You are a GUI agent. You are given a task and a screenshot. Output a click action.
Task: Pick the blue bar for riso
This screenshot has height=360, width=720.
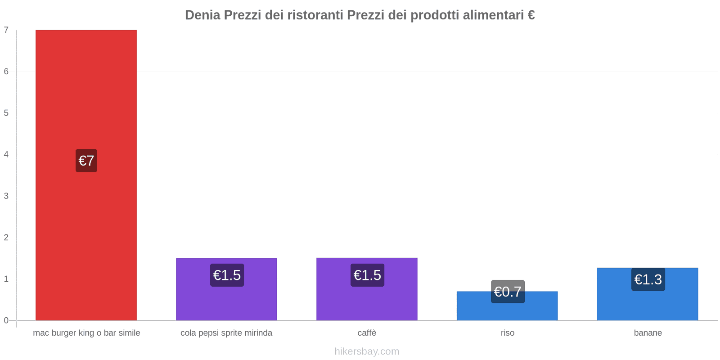click(507, 310)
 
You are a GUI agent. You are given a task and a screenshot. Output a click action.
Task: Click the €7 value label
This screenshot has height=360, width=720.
click(86, 161)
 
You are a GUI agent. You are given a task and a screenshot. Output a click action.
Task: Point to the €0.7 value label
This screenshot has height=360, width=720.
click(508, 292)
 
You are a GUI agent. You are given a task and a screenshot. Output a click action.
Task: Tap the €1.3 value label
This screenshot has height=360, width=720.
click(648, 279)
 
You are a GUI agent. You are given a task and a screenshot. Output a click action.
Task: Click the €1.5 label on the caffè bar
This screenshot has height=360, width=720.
click(367, 275)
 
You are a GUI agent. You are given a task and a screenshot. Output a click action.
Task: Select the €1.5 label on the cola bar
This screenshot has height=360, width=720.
click(227, 275)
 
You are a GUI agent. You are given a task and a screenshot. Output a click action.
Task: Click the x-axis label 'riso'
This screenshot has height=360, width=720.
click(507, 333)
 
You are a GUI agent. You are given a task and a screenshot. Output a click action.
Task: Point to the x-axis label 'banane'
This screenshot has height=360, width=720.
click(648, 333)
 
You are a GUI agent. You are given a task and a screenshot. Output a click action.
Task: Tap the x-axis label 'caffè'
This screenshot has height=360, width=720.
click(367, 333)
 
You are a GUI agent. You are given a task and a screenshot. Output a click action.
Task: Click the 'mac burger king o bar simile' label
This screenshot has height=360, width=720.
click(86, 333)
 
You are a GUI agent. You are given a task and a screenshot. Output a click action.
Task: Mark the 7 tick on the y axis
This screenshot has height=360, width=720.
click(6, 30)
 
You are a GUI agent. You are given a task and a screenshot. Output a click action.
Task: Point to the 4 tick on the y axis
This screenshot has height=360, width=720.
click(6, 154)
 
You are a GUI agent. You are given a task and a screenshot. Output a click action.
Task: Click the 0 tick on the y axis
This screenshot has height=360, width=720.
click(6, 320)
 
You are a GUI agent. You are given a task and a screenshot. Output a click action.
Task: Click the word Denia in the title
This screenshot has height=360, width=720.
click(202, 15)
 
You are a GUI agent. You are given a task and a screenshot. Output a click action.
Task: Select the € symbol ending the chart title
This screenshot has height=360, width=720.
click(531, 15)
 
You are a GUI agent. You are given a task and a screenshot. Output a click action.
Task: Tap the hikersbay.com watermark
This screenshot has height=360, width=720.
click(367, 351)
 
